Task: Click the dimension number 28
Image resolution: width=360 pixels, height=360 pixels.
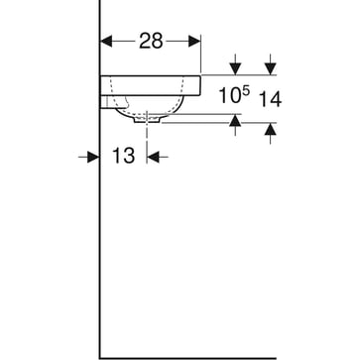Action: click(x=152, y=41)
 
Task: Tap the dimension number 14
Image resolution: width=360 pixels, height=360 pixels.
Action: click(x=270, y=97)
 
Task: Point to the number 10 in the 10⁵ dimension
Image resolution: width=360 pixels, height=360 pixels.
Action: click(x=228, y=97)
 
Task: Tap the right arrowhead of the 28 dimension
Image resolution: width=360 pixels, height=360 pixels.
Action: click(x=195, y=41)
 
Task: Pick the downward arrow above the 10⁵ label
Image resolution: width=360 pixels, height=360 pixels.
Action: click(x=236, y=68)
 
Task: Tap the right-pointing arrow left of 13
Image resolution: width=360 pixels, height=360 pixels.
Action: click(x=93, y=156)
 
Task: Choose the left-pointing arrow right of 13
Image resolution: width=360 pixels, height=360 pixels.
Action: click(x=155, y=156)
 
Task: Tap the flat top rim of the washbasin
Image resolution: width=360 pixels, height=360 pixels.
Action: click(x=149, y=76)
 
